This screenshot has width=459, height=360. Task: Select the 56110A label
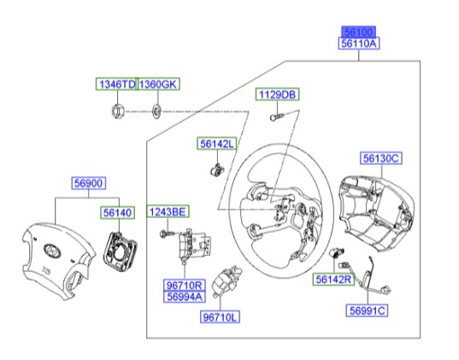pyautogui.click(x=359, y=41)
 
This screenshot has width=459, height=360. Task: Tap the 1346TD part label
pyautogui.click(x=115, y=84)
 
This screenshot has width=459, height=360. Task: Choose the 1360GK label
pyautogui.click(x=158, y=84)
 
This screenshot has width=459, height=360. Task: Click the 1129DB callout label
pyautogui.click(x=277, y=96)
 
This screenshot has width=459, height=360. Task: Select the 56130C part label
pyautogui.click(x=380, y=158)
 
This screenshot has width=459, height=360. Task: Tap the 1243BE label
pyautogui.click(x=169, y=211)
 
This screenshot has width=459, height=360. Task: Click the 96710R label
pyautogui.click(x=184, y=285)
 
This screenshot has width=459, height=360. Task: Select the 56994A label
pyautogui.click(x=184, y=297)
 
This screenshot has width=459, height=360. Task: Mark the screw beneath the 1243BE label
pyautogui.click(x=166, y=231)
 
